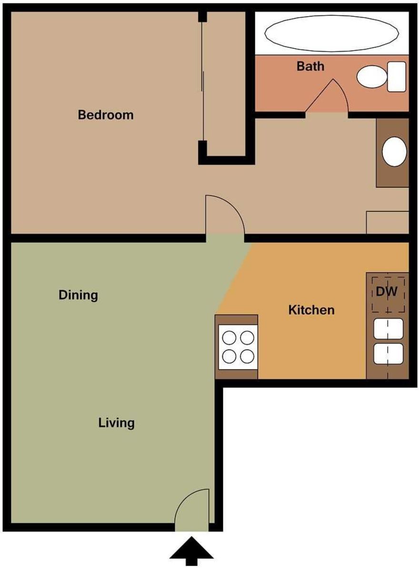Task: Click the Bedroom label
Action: click(106, 115)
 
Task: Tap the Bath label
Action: click(310, 66)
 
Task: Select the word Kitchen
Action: click(311, 310)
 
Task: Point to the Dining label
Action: click(78, 295)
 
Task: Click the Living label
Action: click(116, 423)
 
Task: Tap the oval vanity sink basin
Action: click(394, 152)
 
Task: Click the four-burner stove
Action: click(238, 347)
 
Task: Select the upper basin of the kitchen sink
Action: click(389, 328)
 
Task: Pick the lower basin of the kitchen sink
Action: click(389, 353)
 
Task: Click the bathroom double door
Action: click(327, 98)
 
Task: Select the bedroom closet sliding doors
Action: click(203, 81)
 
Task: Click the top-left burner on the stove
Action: click(229, 338)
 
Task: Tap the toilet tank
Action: click(397, 76)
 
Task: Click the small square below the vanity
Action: click(387, 222)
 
